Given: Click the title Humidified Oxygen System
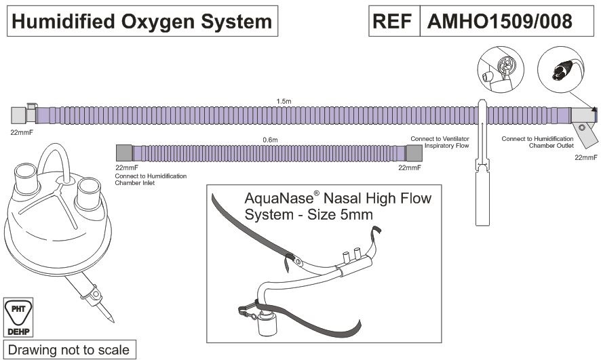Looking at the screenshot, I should (x=140, y=22).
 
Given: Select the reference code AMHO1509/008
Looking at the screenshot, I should (x=499, y=22).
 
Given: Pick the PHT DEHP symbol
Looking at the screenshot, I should (x=18, y=316).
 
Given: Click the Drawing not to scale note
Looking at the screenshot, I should (x=68, y=351).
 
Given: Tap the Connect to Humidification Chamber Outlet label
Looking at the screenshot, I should (x=537, y=142).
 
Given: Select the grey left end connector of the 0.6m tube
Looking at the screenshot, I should (x=124, y=153).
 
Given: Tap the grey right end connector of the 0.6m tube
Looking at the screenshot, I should (x=414, y=153).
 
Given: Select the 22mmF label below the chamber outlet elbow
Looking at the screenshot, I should (x=585, y=157).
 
